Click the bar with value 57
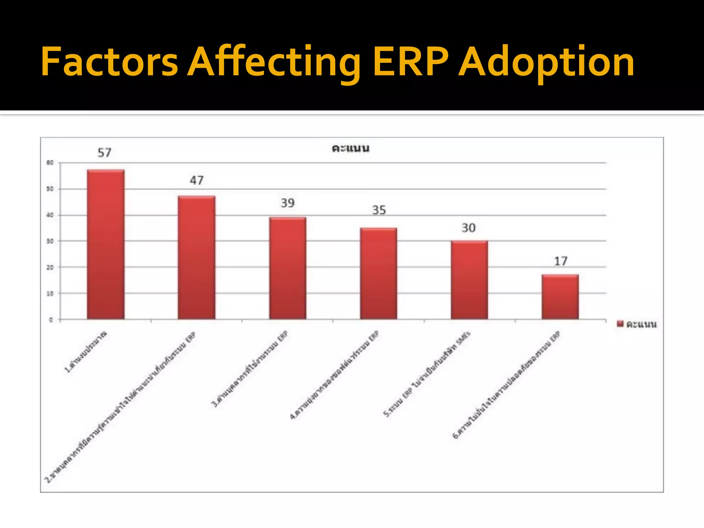(106, 244)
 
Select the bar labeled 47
(196, 257)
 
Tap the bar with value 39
(287, 268)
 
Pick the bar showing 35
(378, 273)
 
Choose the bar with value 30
(469, 280)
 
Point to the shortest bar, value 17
(560, 297)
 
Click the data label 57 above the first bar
(104, 153)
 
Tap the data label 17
(561, 261)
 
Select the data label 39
(288, 203)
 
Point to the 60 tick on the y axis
(50, 163)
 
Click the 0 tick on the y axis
(51, 320)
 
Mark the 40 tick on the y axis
(50, 215)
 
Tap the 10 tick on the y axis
(50, 294)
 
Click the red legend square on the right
(620, 324)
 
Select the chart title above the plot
(350, 148)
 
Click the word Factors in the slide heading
(109, 62)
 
